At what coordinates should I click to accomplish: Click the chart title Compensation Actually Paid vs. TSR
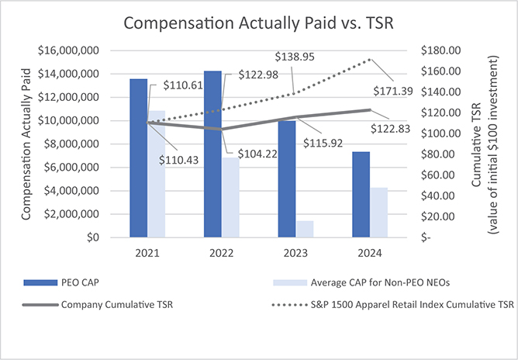pyautogui.click(x=258, y=23)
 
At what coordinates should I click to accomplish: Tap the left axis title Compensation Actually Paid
pyautogui.click(x=27, y=144)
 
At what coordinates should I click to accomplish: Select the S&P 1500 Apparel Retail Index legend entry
pyautogui.click(x=397, y=305)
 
